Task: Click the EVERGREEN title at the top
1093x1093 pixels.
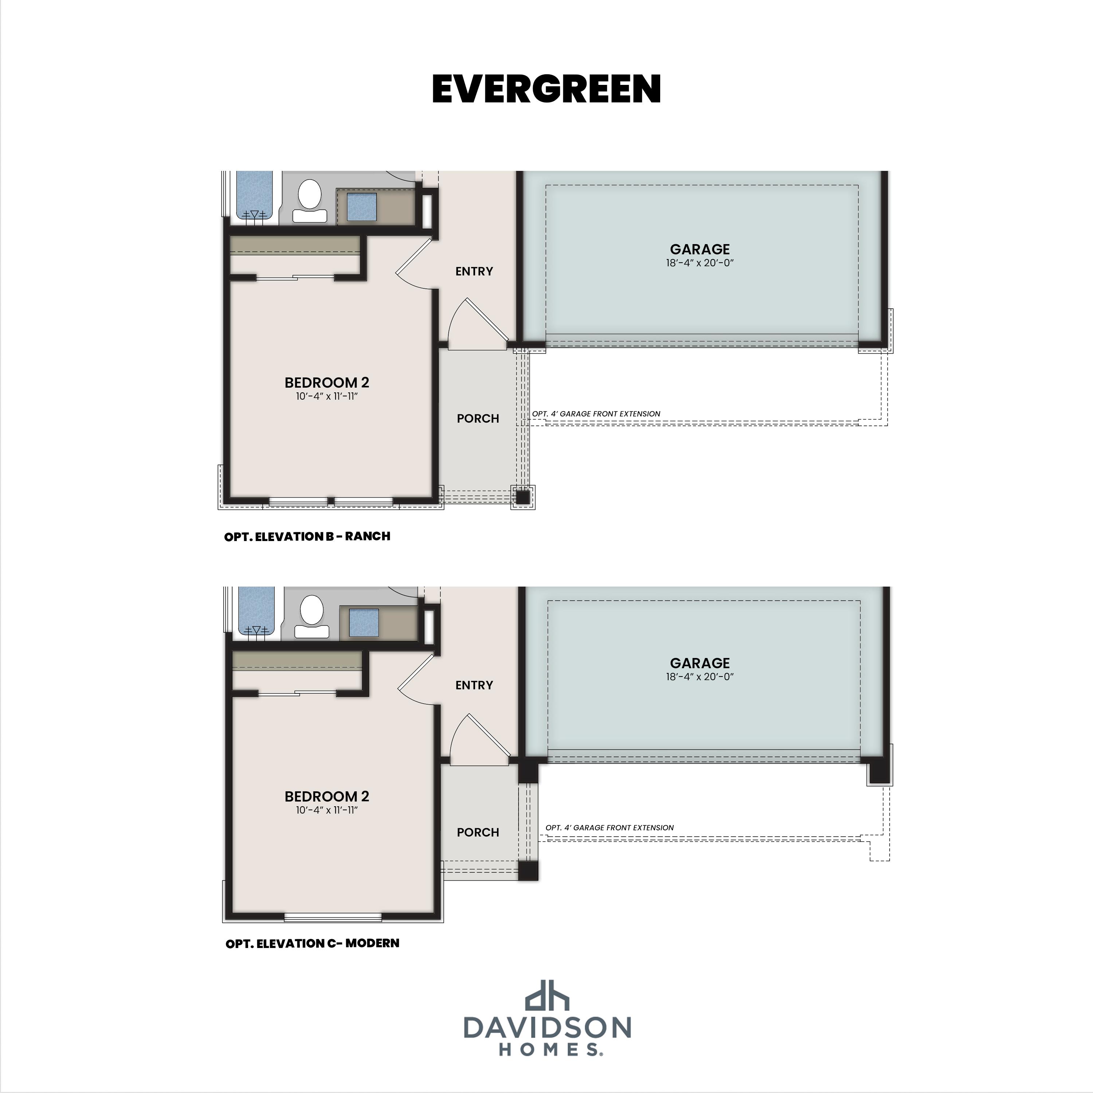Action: [x=546, y=89]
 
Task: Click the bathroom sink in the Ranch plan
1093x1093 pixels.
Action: [x=361, y=207]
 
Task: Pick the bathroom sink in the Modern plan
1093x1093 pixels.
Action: [x=364, y=623]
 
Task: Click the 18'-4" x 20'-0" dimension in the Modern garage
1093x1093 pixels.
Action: [x=700, y=677]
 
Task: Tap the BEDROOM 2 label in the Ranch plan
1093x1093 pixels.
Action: [x=327, y=383]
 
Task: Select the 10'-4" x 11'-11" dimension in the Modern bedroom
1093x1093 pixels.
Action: [x=327, y=810]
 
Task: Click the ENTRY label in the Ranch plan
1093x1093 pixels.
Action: [x=474, y=271]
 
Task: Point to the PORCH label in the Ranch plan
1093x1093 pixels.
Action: [x=478, y=419]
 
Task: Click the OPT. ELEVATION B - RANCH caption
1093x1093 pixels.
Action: [x=307, y=536]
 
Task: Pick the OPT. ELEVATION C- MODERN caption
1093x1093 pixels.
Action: [x=312, y=943]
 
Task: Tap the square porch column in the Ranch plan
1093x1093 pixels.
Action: [x=523, y=497]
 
